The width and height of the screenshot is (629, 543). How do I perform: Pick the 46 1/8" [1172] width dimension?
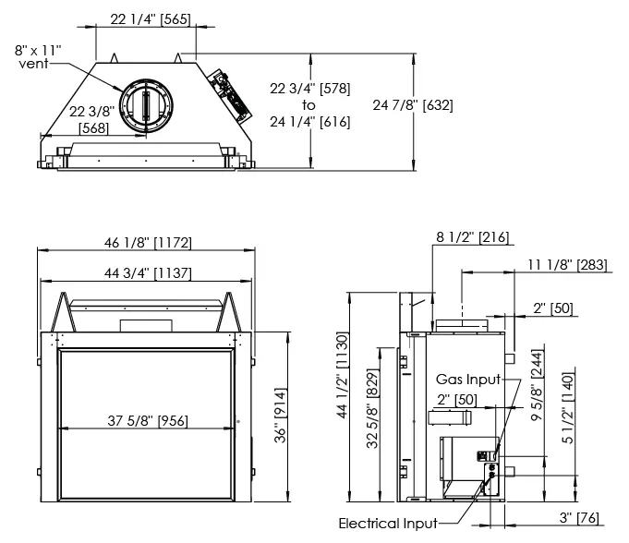coord(148,243)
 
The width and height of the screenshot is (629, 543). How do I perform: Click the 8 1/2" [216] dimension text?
coord(472,237)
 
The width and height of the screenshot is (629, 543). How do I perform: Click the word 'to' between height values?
coord(309,104)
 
